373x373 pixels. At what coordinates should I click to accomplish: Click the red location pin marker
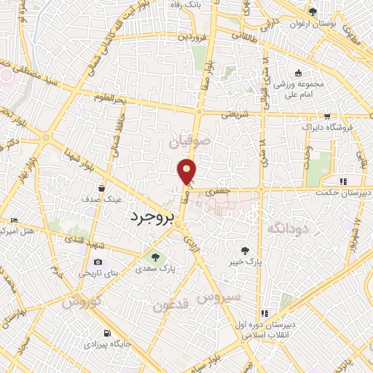[x=187, y=171]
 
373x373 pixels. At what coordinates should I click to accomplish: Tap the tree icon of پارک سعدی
[x=154, y=256]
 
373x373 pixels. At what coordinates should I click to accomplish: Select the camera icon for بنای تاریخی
[x=98, y=262]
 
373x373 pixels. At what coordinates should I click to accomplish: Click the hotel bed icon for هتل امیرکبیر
[x=14, y=220]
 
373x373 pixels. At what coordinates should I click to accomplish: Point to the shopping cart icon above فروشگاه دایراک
[x=327, y=116]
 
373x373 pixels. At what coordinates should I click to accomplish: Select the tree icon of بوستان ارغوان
[x=313, y=12]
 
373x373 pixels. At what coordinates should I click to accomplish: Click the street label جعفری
[x=216, y=190]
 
